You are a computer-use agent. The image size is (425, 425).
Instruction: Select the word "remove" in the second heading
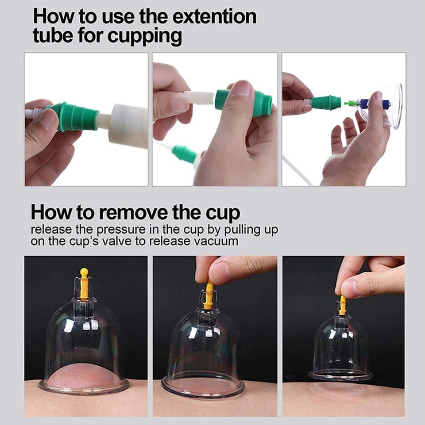click(x=135, y=213)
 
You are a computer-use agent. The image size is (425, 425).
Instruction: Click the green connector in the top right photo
click(x=326, y=103)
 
